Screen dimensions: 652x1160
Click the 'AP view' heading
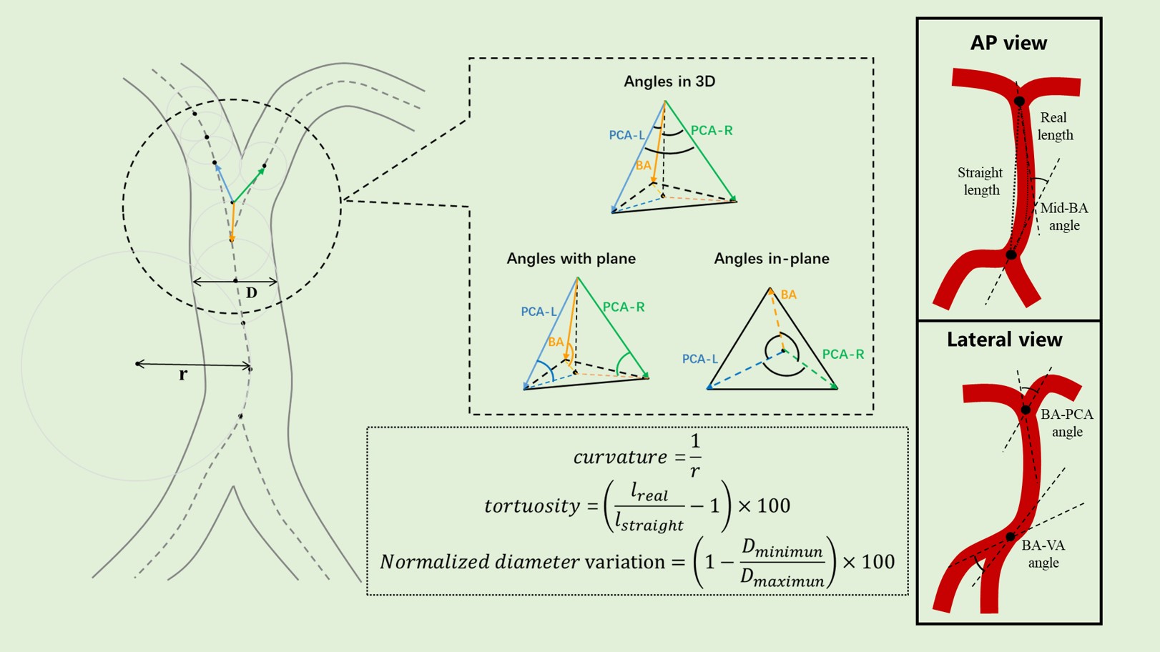[1008, 44]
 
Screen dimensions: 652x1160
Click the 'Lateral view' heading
[1004, 340]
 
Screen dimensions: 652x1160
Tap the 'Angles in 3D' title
[669, 81]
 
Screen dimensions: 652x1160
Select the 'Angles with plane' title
[571, 259]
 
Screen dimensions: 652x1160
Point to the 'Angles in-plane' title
[772, 259]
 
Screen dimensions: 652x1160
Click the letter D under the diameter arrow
[251, 293]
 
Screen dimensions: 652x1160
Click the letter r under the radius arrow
[183, 375]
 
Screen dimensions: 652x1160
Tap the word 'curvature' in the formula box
[619, 457]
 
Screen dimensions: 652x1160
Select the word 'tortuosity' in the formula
[531, 506]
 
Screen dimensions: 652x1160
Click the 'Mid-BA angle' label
[1064, 217]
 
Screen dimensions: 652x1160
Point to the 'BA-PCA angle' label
[1067, 423]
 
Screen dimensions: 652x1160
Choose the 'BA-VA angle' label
[1043, 554]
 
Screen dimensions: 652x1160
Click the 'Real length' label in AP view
[1055, 126]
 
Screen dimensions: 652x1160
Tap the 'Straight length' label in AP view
[980, 181]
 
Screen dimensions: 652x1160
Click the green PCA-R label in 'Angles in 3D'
[712, 131]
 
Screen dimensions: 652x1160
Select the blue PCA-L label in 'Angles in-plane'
[699, 359]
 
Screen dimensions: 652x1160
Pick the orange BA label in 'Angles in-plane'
[789, 295]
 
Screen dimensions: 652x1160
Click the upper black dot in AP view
[1019, 102]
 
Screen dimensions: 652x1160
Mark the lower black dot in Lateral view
[1010, 536]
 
